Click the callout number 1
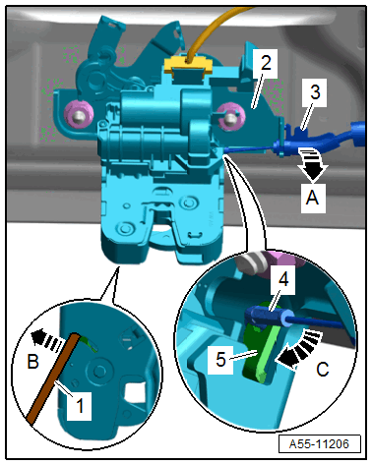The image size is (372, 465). pyautogui.click(x=80, y=406)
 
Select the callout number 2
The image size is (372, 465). pyautogui.click(x=266, y=63)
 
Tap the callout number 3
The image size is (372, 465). pyautogui.click(x=315, y=91)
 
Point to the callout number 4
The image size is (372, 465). pyautogui.click(x=283, y=279)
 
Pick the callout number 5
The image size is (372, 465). pyautogui.click(x=221, y=359)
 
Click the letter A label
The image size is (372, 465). pyautogui.click(x=312, y=198)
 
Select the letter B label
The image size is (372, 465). pyautogui.click(x=32, y=362)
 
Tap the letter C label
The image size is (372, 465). pyautogui.click(x=322, y=369)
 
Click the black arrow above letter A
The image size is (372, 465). pyautogui.click(x=312, y=164)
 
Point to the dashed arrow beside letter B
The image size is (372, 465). pyautogui.click(x=46, y=340)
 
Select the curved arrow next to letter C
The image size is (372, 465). pyautogui.click(x=298, y=350)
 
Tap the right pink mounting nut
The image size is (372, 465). pyautogui.click(x=231, y=116)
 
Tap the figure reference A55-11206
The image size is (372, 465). pyautogui.click(x=319, y=444)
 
